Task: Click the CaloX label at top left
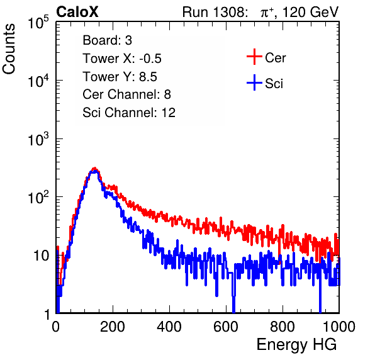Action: coord(77,12)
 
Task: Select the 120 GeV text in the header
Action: coord(311,12)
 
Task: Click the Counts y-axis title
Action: coord(9,49)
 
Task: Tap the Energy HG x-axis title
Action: coord(296,345)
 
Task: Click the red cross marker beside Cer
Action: coord(254,57)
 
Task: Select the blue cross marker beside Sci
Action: coord(254,83)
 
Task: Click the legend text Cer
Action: coord(275,58)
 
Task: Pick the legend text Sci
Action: coord(274,84)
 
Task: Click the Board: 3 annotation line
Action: coord(107,40)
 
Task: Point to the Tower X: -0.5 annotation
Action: coord(122,59)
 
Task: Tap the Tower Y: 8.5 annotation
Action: coord(120,77)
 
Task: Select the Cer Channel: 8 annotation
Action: coord(126,94)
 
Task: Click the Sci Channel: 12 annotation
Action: coord(129,113)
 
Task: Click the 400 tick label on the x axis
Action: coord(169,327)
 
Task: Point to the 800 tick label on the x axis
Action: coord(283,327)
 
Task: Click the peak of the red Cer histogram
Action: coord(95,169)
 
